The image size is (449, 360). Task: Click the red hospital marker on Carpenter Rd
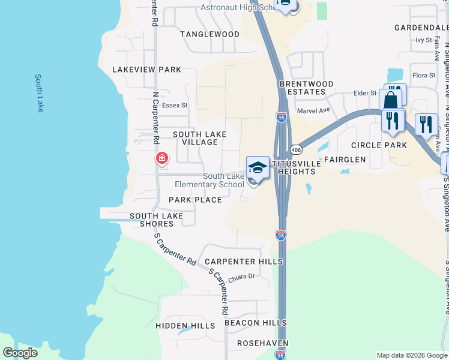[161, 158]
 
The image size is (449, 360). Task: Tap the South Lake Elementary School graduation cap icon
[258, 167]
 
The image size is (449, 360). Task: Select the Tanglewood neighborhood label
[210, 34]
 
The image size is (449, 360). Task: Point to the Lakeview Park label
[146, 70]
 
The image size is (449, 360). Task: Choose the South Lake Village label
[195, 138]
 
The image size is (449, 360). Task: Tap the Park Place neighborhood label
[195, 200]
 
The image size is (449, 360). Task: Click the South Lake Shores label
[152, 220]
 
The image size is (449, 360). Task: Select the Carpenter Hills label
[243, 262]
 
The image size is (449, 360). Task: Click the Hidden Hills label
[185, 326]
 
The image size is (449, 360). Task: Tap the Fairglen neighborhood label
[345, 160]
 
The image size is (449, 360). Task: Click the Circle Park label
[379, 145]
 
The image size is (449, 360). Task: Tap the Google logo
[20, 353]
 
